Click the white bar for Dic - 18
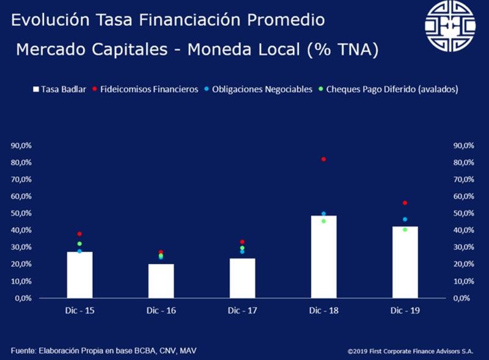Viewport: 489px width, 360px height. pyautogui.click(x=323, y=257)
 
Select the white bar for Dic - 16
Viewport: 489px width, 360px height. pyautogui.click(x=161, y=281)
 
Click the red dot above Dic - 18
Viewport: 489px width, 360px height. pyautogui.click(x=323, y=159)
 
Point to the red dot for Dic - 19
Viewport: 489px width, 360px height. pyautogui.click(x=405, y=203)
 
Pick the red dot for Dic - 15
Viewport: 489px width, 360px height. pyautogui.click(x=79, y=234)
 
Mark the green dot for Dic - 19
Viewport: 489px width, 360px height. pyautogui.click(x=405, y=230)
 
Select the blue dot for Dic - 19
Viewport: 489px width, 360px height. pyautogui.click(x=405, y=219)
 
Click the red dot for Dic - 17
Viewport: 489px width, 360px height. pyautogui.click(x=242, y=242)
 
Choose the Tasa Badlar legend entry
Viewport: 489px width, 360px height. pyautogui.click(x=59, y=89)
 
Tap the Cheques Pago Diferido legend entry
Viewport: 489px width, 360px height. pyautogui.click(x=391, y=89)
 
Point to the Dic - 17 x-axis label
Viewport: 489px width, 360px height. pyautogui.click(x=242, y=310)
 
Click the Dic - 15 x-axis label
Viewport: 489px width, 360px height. pyautogui.click(x=79, y=310)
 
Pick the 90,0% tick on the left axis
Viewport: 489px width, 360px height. pyautogui.click(x=21, y=145)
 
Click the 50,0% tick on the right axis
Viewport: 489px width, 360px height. pyautogui.click(x=464, y=213)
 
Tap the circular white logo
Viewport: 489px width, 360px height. pyautogui.click(x=450, y=26)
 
